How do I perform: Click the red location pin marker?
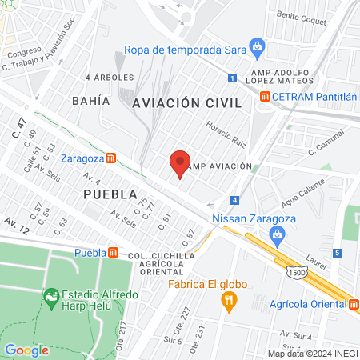click(x=180, y=163)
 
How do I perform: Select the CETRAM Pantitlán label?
click(x=314, y=96)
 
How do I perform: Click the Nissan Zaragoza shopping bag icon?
click(x=277, y=234)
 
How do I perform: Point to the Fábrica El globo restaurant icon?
click(x=229, y=300)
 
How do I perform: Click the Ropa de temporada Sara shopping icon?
click(x=256, y=46)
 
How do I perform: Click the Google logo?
click(x=26, y=350)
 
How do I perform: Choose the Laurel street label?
click(x=316, y=262)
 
